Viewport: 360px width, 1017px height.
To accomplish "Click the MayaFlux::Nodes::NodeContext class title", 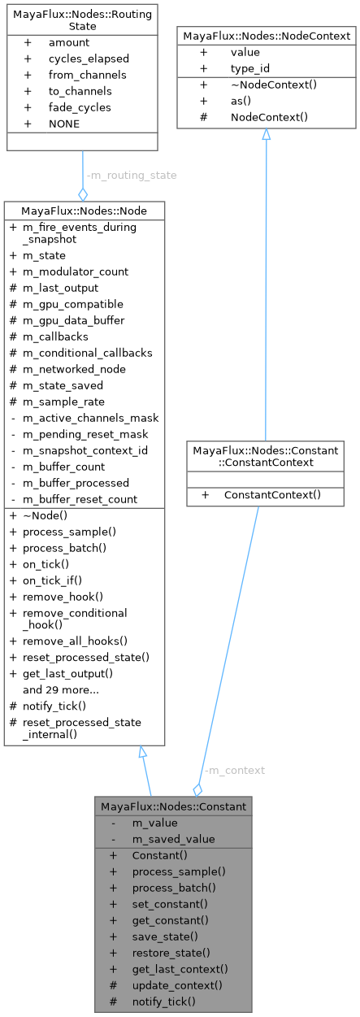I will click(267, 36).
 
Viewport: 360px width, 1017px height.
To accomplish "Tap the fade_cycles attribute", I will click(80, 107).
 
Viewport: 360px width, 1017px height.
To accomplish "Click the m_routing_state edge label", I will click(131, 175).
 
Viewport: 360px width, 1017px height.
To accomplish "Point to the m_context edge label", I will click(234, 770).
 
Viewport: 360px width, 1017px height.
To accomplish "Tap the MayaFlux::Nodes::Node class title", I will click(85, 211).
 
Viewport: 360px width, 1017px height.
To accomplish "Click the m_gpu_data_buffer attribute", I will click(73, 320).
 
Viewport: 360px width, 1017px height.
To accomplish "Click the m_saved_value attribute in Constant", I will click(174, 839).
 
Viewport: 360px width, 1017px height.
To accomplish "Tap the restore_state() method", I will click(171, 953).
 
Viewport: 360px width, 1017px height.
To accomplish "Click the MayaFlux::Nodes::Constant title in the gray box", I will click(172, 806).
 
